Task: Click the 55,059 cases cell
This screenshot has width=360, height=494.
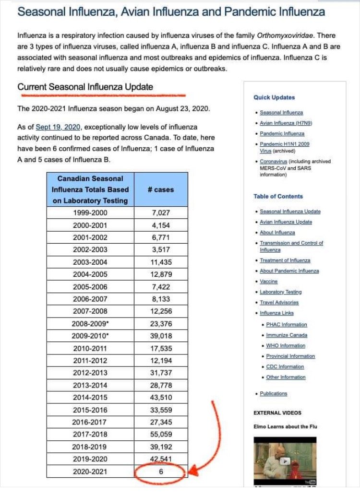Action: (161, 435)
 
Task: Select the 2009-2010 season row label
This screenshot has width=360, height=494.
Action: (90, 336)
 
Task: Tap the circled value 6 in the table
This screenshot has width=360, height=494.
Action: (161, 472)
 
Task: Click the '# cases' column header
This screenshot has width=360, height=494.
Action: (161, 189)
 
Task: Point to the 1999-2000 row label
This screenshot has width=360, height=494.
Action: (90, 212)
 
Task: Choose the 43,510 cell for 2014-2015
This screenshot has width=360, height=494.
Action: (161, 398)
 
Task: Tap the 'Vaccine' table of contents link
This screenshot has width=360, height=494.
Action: (269, 282)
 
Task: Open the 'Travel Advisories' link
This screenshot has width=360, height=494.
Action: (279, 303)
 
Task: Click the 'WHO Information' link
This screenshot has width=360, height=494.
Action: (286, 346)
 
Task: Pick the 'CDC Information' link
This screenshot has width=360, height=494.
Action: (285, 367)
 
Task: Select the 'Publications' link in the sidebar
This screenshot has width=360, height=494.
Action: (273, 394)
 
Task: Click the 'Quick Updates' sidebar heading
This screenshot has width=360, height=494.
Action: (274, 97)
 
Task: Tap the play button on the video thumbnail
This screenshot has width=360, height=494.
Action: (285, 461)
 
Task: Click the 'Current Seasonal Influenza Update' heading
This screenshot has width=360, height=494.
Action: (85, 87)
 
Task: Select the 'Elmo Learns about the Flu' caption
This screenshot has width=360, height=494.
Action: (285, 426)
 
